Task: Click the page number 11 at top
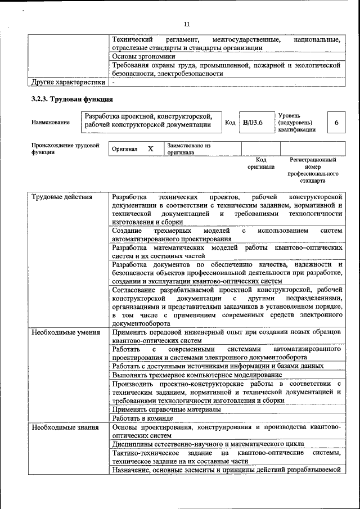(187, 24)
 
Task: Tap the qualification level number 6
(336, 123)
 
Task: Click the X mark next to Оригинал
(150, 148)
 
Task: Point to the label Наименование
(51, 123)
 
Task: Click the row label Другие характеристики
(68, 82)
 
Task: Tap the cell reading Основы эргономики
(144, 56)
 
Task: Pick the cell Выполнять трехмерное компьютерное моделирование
(197, 374)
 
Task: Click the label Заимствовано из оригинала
(188, 148)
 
